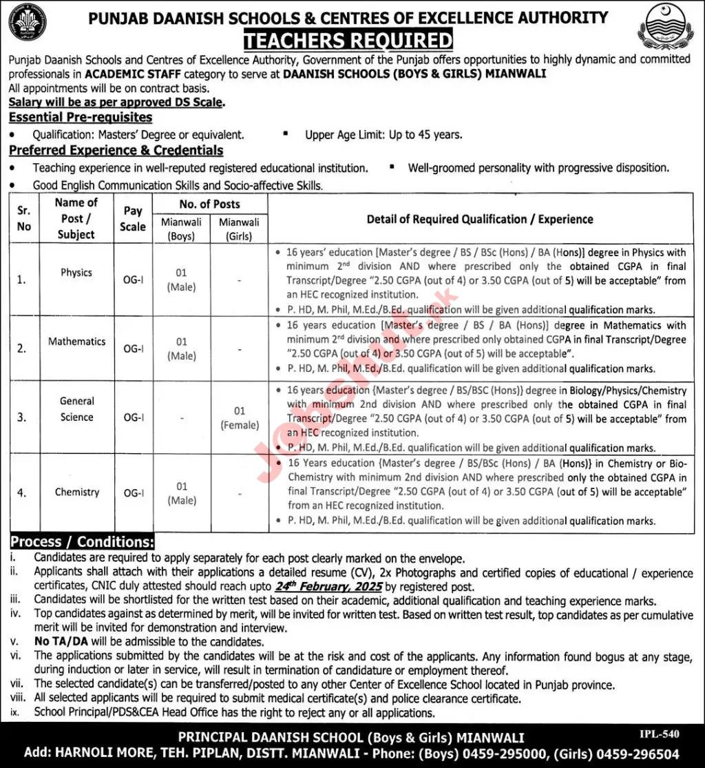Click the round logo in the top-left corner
click(28, 22)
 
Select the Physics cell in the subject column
click(76, 273)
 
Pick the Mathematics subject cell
click(76, 342)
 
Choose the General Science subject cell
click(76, 409)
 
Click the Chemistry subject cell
click(76, 492)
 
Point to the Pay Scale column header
click(133, 218)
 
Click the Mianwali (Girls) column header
click(239, 229)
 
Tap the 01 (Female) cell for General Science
click(239, 418)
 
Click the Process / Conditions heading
click(81, 542)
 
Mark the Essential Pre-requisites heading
click(81, 118)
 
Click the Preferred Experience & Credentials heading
click(116, 150)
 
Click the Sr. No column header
click(24, 218)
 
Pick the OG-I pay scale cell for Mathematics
click(133, 349)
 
